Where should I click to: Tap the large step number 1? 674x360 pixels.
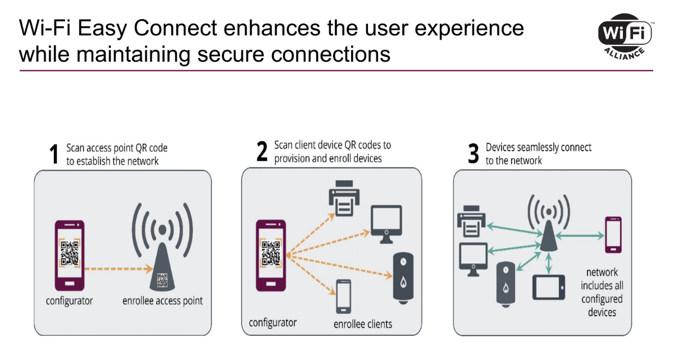54,155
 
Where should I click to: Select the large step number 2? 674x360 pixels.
262,152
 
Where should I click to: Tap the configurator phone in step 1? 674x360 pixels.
69,256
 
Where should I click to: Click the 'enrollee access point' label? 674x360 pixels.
162,301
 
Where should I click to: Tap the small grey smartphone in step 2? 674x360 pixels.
343,296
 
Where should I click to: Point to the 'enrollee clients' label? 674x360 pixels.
363,324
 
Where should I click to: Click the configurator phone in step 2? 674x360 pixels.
271,256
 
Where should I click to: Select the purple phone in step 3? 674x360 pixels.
613,235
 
